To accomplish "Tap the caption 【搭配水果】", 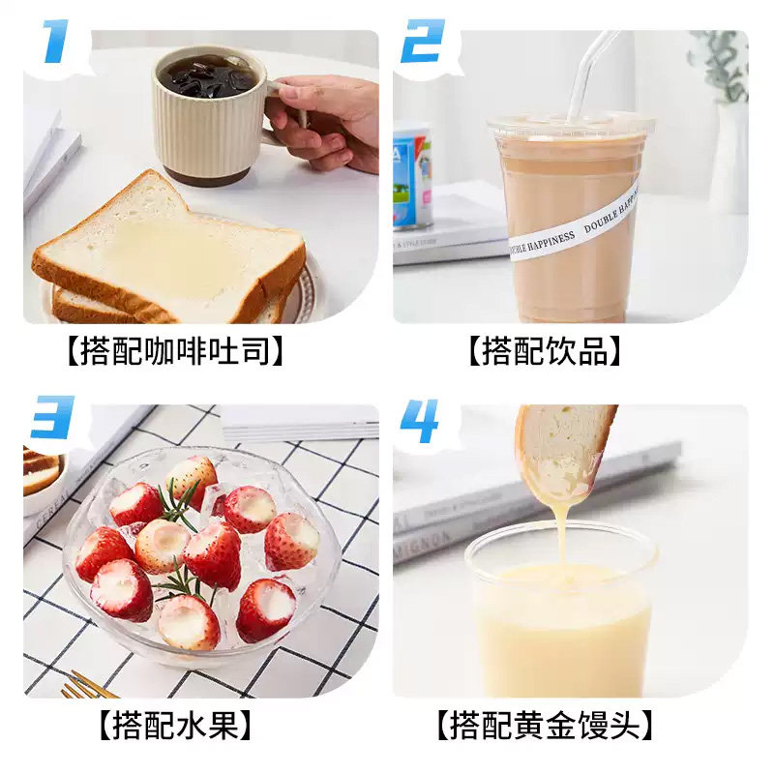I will point(175,725).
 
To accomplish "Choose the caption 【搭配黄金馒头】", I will point(545,725).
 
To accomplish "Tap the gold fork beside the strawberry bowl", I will point(87,688).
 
